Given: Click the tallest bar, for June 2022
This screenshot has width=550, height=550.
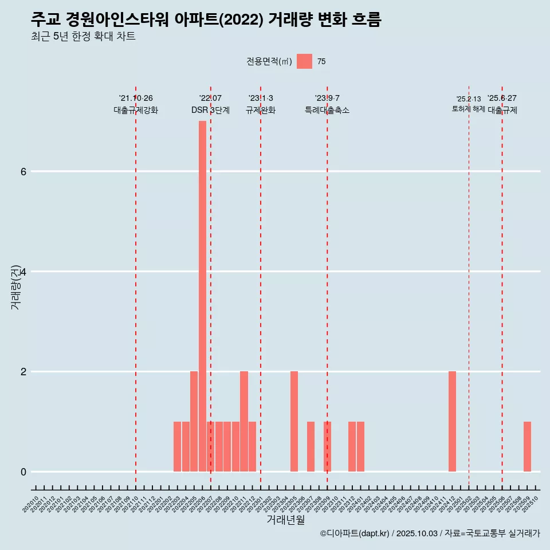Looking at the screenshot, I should click(202, 296).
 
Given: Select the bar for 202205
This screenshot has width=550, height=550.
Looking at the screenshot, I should click(194, 421).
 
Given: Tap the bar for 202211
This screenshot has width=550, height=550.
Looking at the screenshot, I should click(244, 421).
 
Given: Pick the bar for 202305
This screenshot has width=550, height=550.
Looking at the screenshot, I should click(294, 421).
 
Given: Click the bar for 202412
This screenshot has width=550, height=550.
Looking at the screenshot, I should click(452, 421).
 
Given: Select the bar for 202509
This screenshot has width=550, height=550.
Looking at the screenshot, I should click(527, 446).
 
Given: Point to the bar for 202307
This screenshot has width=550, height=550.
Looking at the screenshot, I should click(311, 446).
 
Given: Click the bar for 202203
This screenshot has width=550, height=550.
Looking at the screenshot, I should click(178, 446).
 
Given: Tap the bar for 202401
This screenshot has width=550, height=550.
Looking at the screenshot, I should click(360, 446).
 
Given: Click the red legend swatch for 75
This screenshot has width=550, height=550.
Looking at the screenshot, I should click(304, 61).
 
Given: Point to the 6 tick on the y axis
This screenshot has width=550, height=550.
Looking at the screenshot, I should click(23, 171).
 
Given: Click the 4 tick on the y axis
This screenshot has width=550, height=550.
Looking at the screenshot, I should click(23, 272).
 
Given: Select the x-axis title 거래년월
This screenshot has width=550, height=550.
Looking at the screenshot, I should click(285, 520).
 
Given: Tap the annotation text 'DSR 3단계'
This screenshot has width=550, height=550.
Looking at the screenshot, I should click(210, 110).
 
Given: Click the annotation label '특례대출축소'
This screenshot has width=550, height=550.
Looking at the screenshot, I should click(327, 110).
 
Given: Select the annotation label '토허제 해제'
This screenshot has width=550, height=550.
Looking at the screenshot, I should click(469, 109).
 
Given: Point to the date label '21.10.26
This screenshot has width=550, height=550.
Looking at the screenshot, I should click(136, 98).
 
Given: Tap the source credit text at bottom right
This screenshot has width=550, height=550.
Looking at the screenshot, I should click(430, 533).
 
